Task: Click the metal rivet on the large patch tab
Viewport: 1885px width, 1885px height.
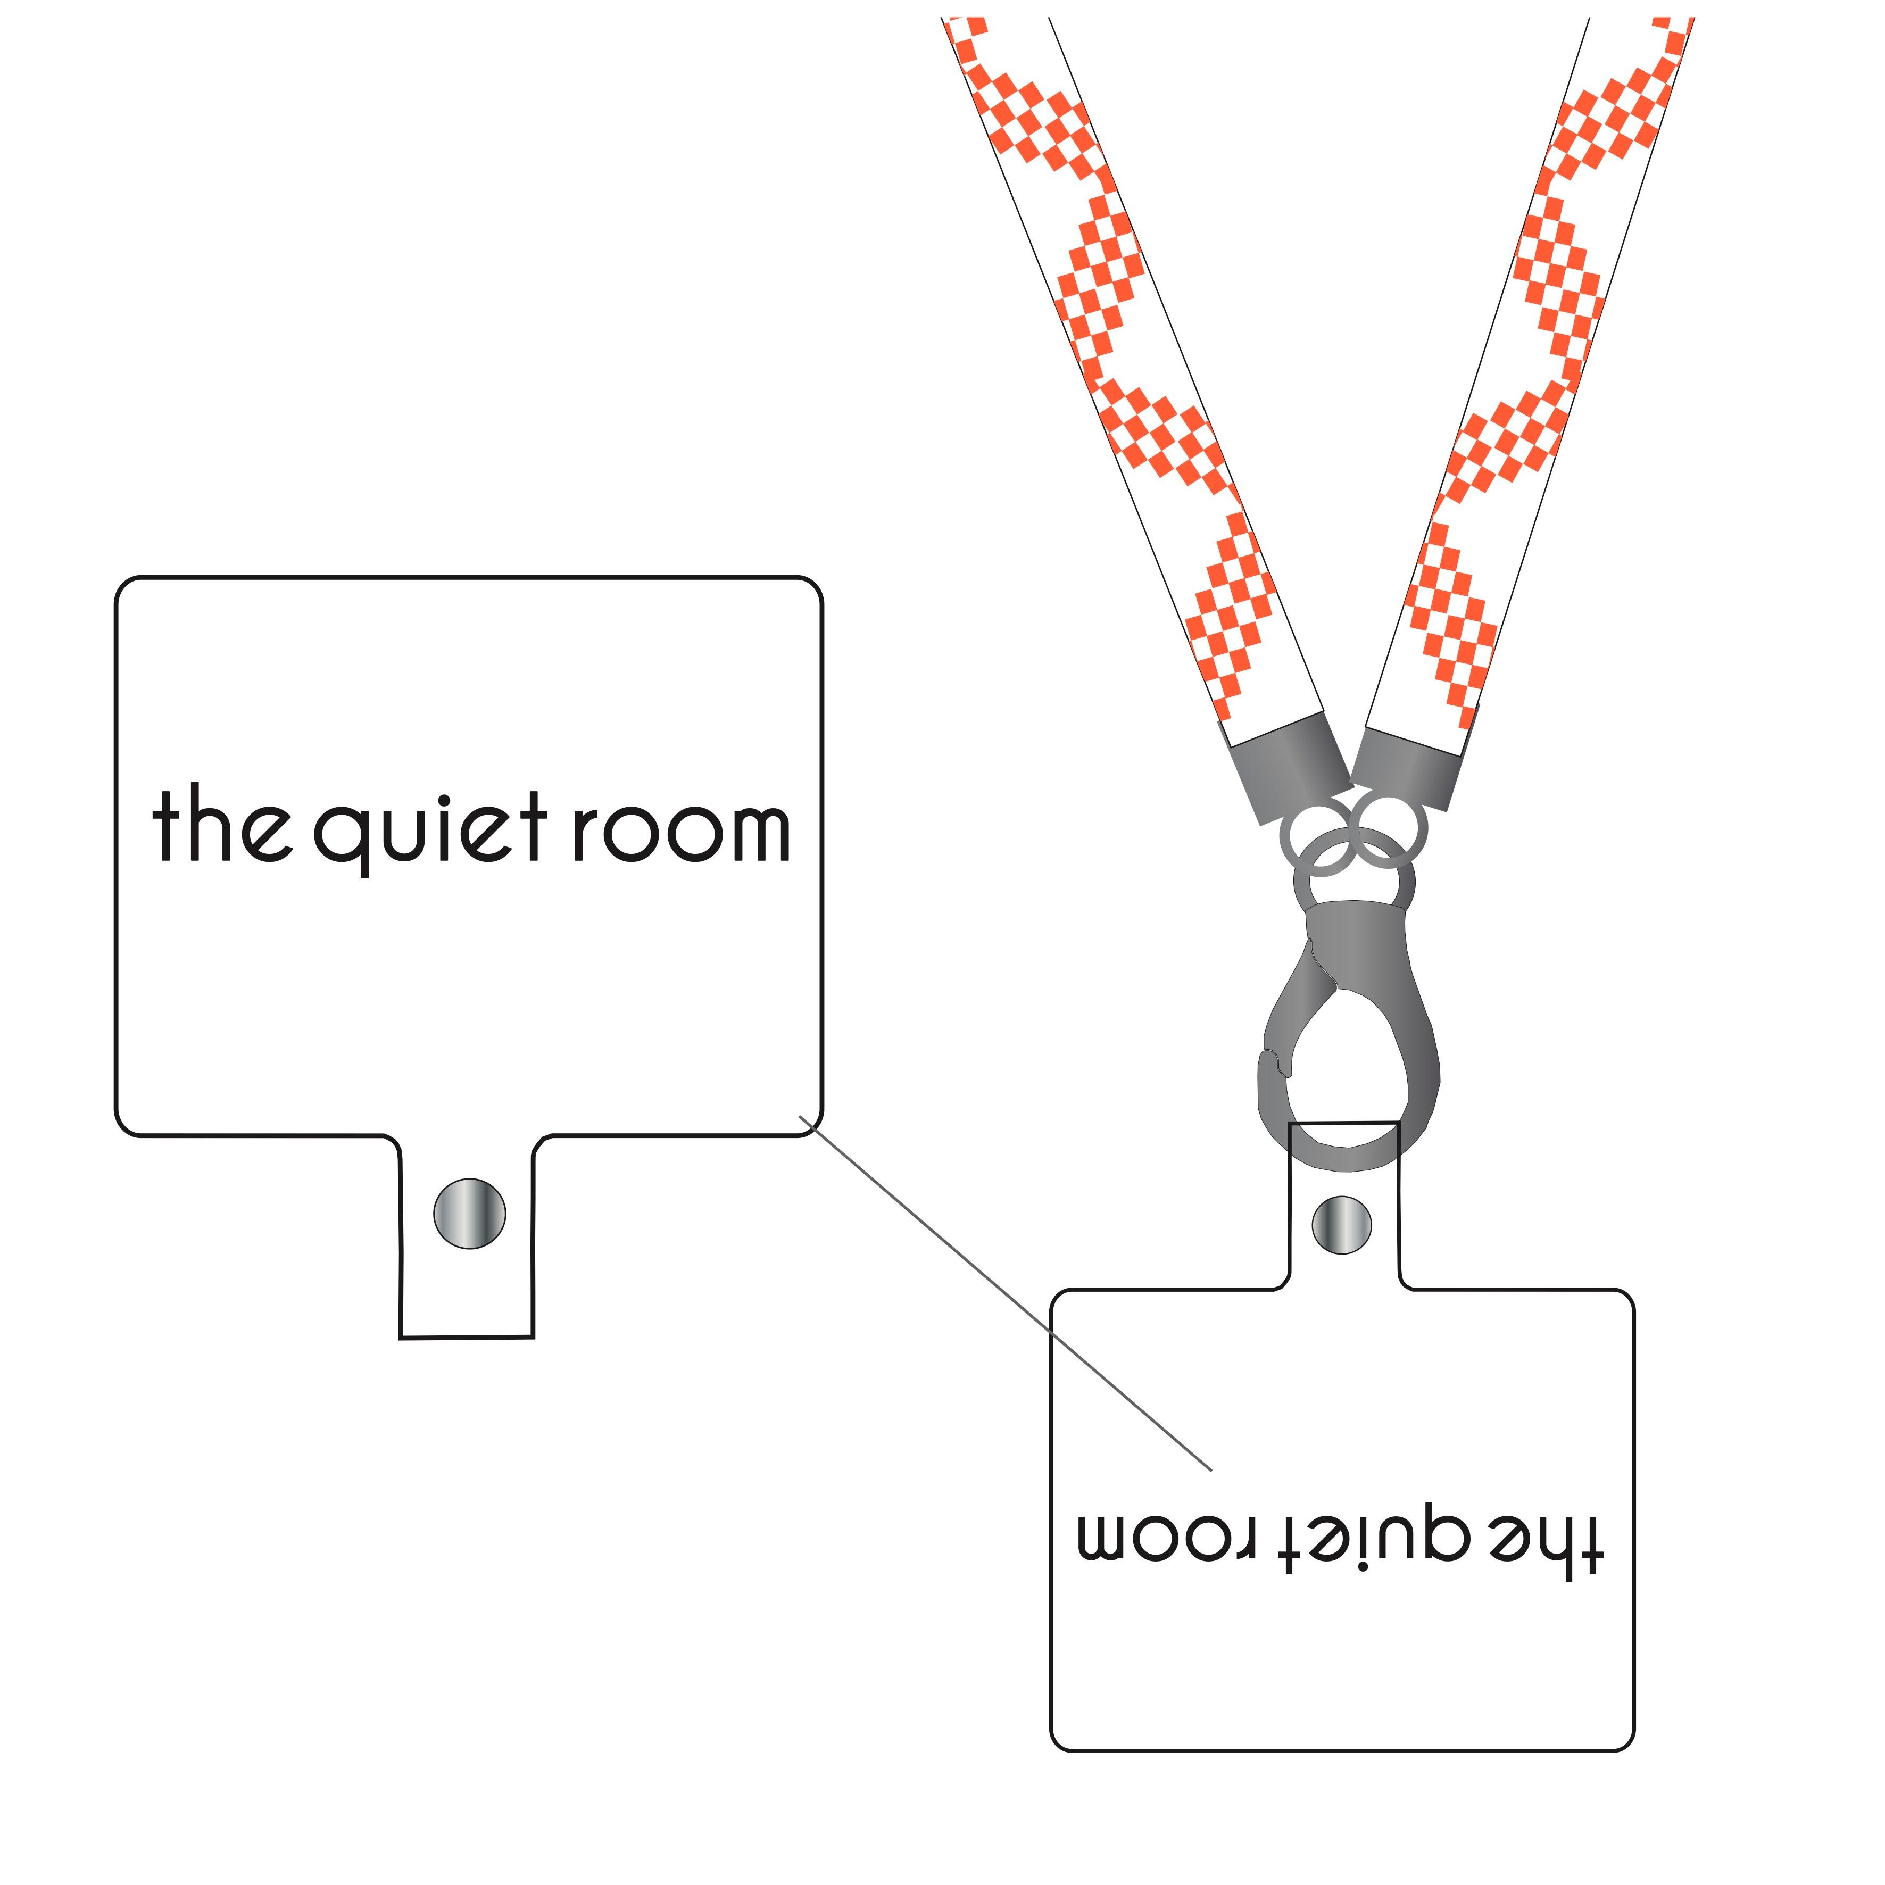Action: click(469, 1213)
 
